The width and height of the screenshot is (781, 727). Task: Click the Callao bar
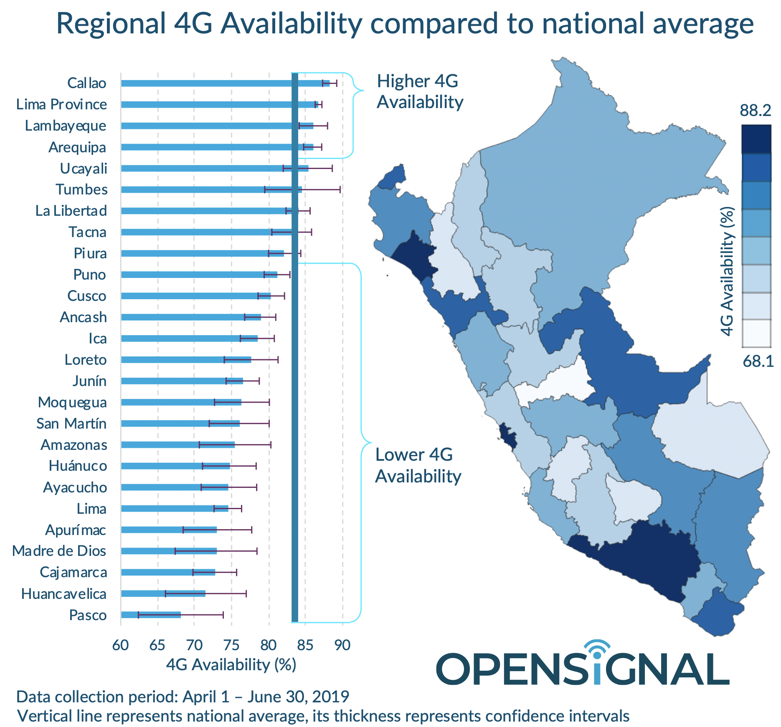tap(226, 83)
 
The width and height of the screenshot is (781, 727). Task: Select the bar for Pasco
tap(151, 615)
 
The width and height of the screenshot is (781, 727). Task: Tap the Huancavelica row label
tap(64, 593)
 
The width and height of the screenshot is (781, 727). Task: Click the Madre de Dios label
tap(59, 551)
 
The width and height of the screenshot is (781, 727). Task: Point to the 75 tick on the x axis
tap(231, 645)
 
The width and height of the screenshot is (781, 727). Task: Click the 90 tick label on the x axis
tap(342, 645)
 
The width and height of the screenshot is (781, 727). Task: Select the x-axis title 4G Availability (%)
tap(231, 664)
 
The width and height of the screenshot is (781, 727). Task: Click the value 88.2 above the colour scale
tap(755, 110)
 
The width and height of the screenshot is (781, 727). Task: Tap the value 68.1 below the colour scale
tap(758, 361)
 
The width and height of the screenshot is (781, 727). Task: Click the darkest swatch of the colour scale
tap(756, 139)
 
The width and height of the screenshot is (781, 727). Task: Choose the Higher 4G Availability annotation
tap(420, 91)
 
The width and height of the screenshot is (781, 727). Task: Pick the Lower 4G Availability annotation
tap(418, 465)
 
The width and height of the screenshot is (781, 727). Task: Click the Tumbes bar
tap(211, 189)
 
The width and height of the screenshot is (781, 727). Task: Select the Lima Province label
tap(61, 104)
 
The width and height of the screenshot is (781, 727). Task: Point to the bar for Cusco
tap(196, 296)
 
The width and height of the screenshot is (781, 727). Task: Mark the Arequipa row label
tap(77, 147)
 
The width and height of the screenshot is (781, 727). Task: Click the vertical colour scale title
tap(727, 271)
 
